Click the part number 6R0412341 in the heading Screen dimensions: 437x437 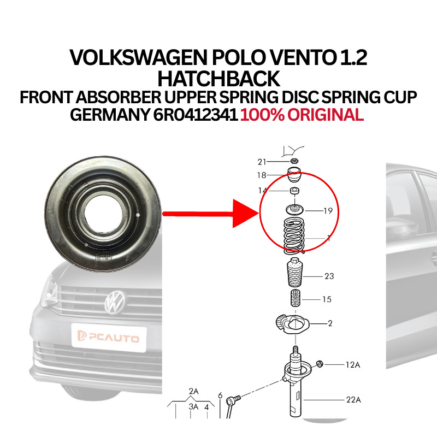[196, 115]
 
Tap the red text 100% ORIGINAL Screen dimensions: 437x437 [302, 115]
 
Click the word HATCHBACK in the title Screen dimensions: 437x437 [218, 79]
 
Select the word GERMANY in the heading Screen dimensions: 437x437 [110, 115]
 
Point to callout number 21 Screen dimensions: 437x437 [262, 162]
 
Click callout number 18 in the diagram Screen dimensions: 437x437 [262, 175]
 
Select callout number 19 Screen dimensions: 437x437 [328, 211]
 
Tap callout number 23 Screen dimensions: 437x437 [329, 276]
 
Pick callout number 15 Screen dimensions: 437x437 [327, 299]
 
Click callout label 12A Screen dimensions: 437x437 [353, 365]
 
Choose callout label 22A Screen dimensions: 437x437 [353, 400]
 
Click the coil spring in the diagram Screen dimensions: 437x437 [294, 236]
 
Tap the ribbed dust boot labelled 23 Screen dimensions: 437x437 [295, 273]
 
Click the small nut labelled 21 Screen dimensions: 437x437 [294, 161]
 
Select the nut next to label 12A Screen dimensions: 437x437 [320, 364]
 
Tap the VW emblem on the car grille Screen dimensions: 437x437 [115, 302]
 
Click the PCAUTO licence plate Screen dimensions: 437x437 [109, 338]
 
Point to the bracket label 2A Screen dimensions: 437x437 [193, 392]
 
